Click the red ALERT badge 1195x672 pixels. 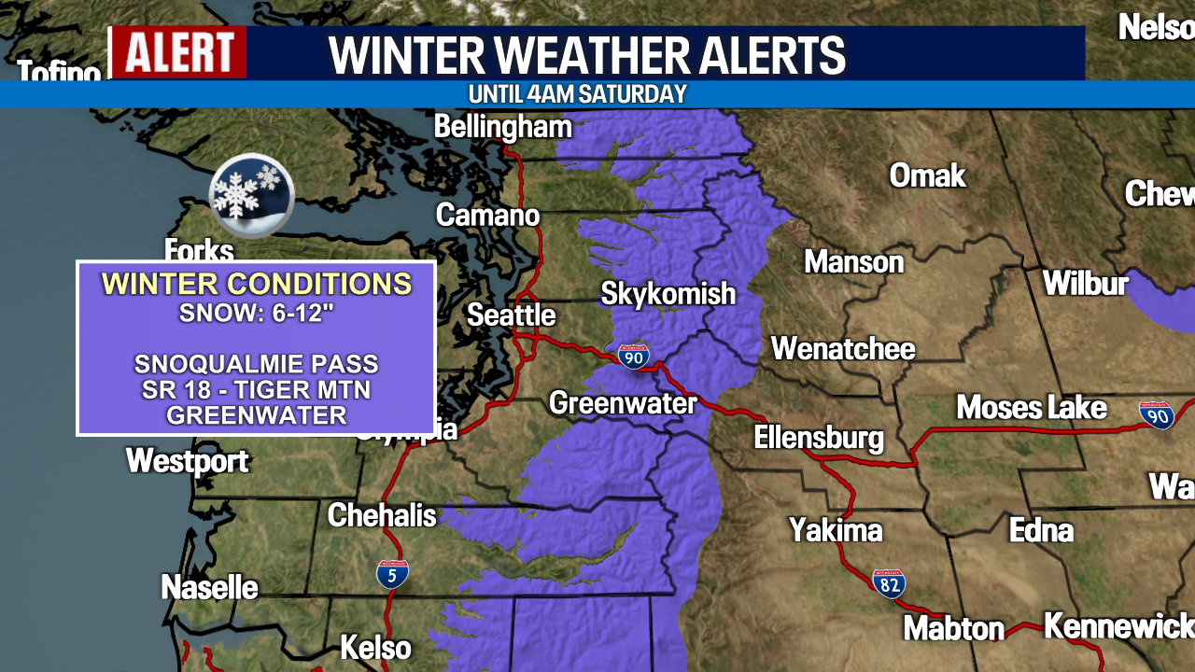coord(178,52)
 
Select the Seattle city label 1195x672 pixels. coord(511,315)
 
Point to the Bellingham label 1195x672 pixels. coord(502,127)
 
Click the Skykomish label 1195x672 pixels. coord(668,294)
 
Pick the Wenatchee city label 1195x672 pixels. coord(842,349)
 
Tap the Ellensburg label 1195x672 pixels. coord(818,437)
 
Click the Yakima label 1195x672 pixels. coord(835,530)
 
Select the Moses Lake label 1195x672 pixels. coord(1031,408)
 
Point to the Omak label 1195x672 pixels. coord(926,175)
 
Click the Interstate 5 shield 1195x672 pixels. coord(392,573)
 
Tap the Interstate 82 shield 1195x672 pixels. coord(888,583)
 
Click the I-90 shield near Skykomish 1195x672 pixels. coord(633,356)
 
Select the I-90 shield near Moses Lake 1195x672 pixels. coord(1157,414)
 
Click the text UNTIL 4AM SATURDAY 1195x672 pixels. coord(577,94)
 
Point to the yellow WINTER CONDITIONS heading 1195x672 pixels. coord(256,284)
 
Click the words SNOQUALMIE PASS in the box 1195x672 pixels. coord(256,364)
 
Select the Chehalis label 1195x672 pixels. coord(381,514)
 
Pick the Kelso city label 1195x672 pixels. coord(374,647)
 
